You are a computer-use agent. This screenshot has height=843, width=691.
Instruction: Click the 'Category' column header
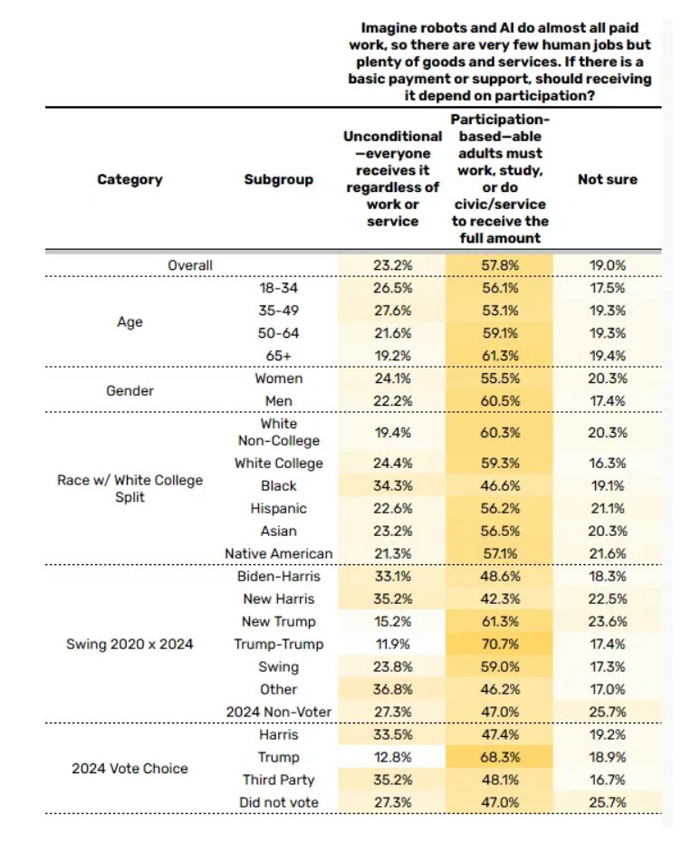[130, 179]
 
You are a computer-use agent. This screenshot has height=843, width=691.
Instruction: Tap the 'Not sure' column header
[607, 179]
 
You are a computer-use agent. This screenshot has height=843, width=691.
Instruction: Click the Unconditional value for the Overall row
[392, 265]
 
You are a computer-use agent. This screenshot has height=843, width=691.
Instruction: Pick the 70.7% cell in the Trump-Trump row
[499, 644]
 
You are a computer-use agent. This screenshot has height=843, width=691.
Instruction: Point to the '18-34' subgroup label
[278, 288]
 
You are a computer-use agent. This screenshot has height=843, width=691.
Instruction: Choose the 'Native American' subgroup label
[278, 553]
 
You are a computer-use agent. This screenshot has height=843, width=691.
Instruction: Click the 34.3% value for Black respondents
[392, 485]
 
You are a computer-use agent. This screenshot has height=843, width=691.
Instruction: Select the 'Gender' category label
[130, 390]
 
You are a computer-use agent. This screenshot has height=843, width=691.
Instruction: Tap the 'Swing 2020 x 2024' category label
[130, 644]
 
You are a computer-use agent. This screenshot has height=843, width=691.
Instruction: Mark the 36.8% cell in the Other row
[392, 689]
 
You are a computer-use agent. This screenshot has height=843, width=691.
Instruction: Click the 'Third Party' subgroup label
[278, 780]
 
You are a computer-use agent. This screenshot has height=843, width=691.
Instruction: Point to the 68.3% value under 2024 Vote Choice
[499, 757]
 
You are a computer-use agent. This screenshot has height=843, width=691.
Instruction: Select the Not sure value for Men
[607, 401]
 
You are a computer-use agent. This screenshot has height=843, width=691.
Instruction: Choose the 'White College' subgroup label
[278, 463]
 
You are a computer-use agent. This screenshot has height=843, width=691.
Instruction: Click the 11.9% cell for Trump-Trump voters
[392, 644]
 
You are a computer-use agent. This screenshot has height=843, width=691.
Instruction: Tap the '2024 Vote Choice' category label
[130, 769]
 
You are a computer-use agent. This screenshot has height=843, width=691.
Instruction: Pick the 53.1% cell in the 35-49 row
[499, 310]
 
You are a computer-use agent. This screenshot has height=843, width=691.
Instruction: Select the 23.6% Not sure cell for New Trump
[607, 621]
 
